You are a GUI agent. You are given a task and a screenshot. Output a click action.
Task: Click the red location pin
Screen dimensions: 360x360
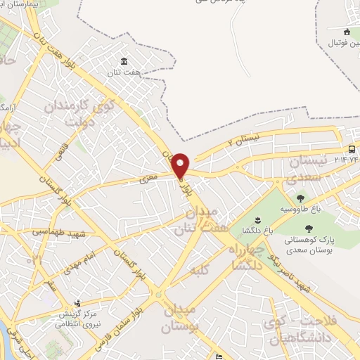click(x=181, y=165)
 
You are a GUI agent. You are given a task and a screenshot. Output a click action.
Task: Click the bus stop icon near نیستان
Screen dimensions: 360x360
click(x=351, y=149)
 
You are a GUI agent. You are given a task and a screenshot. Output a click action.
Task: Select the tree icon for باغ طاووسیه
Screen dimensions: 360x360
click(x=301, y=198)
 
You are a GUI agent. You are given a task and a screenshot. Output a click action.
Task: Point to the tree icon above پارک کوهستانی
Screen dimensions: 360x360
click(x=309, y=227)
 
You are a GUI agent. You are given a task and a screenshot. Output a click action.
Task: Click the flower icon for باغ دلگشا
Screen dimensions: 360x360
click(x=256, y=220)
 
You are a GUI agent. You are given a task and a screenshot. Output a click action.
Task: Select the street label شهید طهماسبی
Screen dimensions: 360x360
click(x=49, y=231)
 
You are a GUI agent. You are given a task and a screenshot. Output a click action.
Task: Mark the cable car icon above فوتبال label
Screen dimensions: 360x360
click(x=347, y=32)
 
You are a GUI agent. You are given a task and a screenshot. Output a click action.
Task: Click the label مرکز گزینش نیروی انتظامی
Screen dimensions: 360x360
click(x=77, y=319)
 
